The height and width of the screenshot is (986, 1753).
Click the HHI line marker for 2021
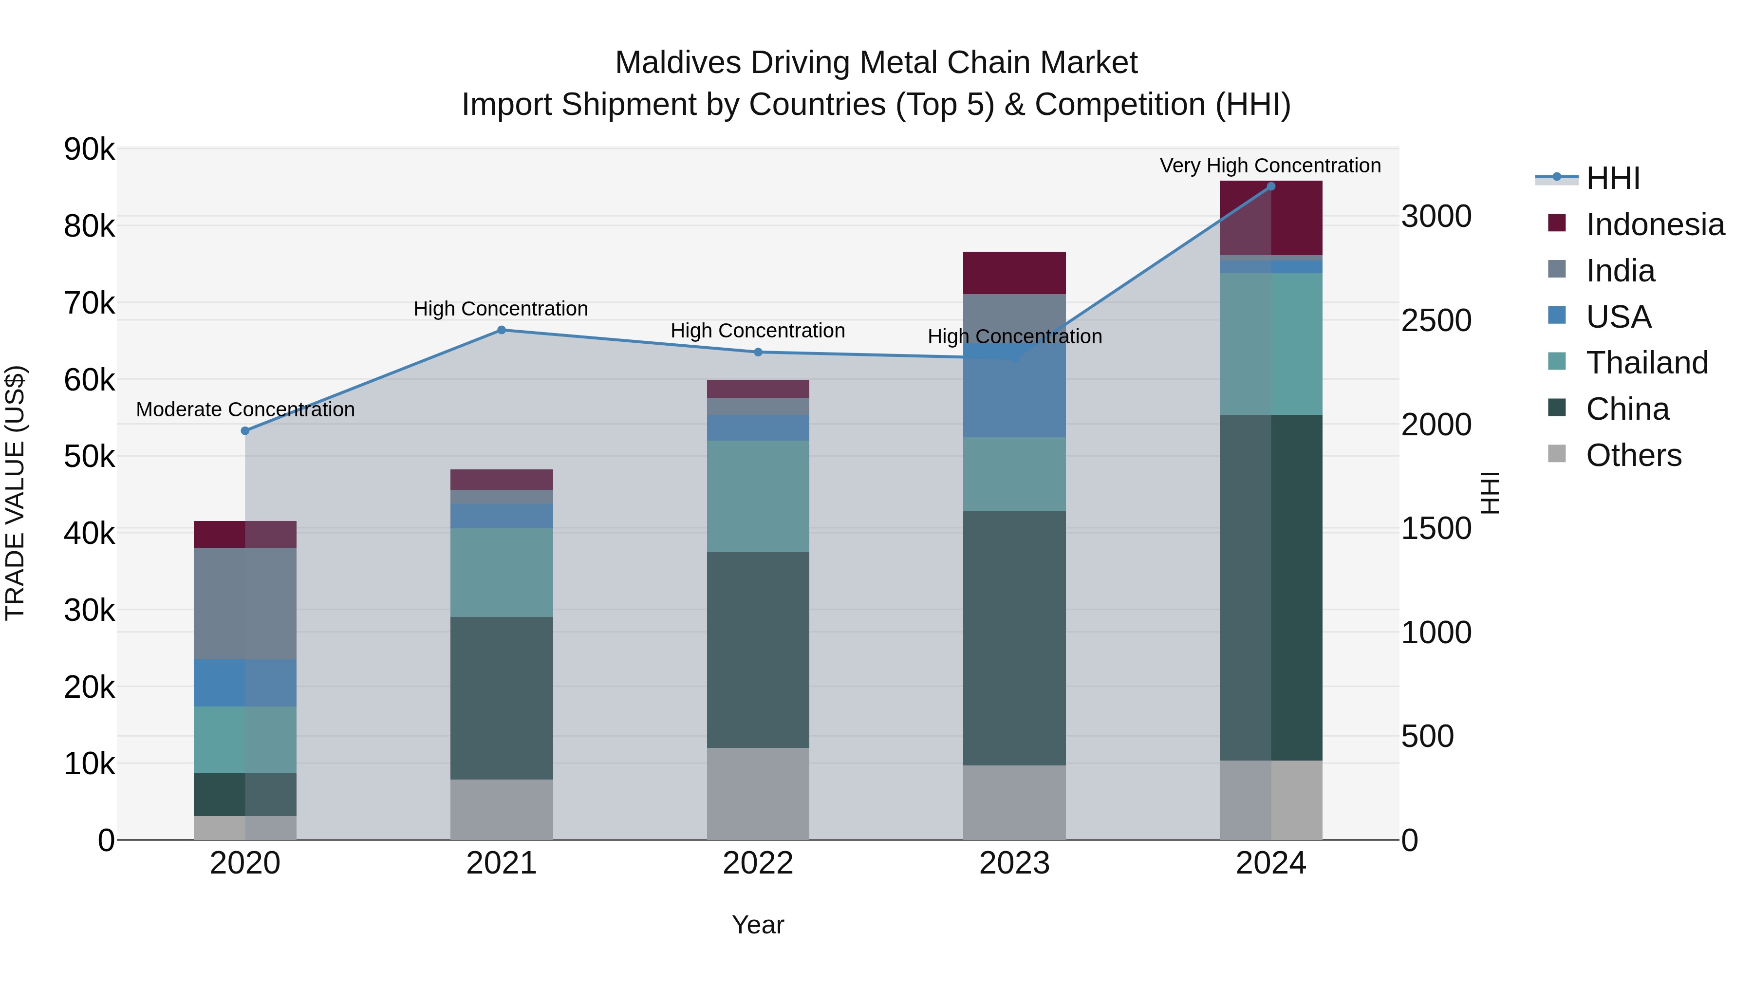(502, 330)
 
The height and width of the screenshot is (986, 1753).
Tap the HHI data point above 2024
(1270, 186)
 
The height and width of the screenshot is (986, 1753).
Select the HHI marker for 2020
(246, 431)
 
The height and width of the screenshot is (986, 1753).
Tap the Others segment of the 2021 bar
(502, 809)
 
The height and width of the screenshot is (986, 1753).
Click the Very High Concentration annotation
(1270, 166)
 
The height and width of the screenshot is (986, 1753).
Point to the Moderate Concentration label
(246, 409)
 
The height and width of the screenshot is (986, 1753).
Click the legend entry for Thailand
(1647, 363)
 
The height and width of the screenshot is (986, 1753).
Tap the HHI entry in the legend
(1612, 178)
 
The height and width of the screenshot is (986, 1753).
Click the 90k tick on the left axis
(89, 149)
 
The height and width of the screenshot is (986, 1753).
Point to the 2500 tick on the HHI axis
(1436, 320)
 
